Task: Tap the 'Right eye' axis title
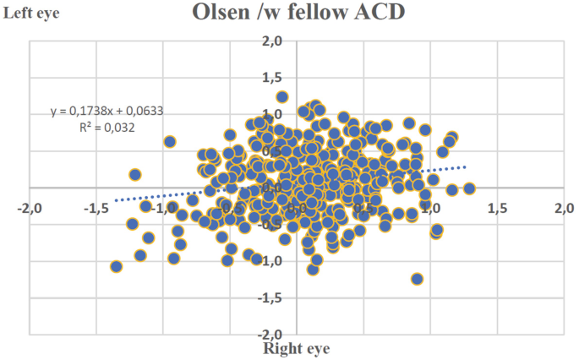296,346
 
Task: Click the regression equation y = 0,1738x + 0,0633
107,112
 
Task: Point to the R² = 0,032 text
106,128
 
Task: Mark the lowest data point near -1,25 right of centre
417,279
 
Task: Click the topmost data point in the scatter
282,97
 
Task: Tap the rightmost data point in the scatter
469,188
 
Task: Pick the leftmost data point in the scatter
117,267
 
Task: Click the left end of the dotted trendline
115,201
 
